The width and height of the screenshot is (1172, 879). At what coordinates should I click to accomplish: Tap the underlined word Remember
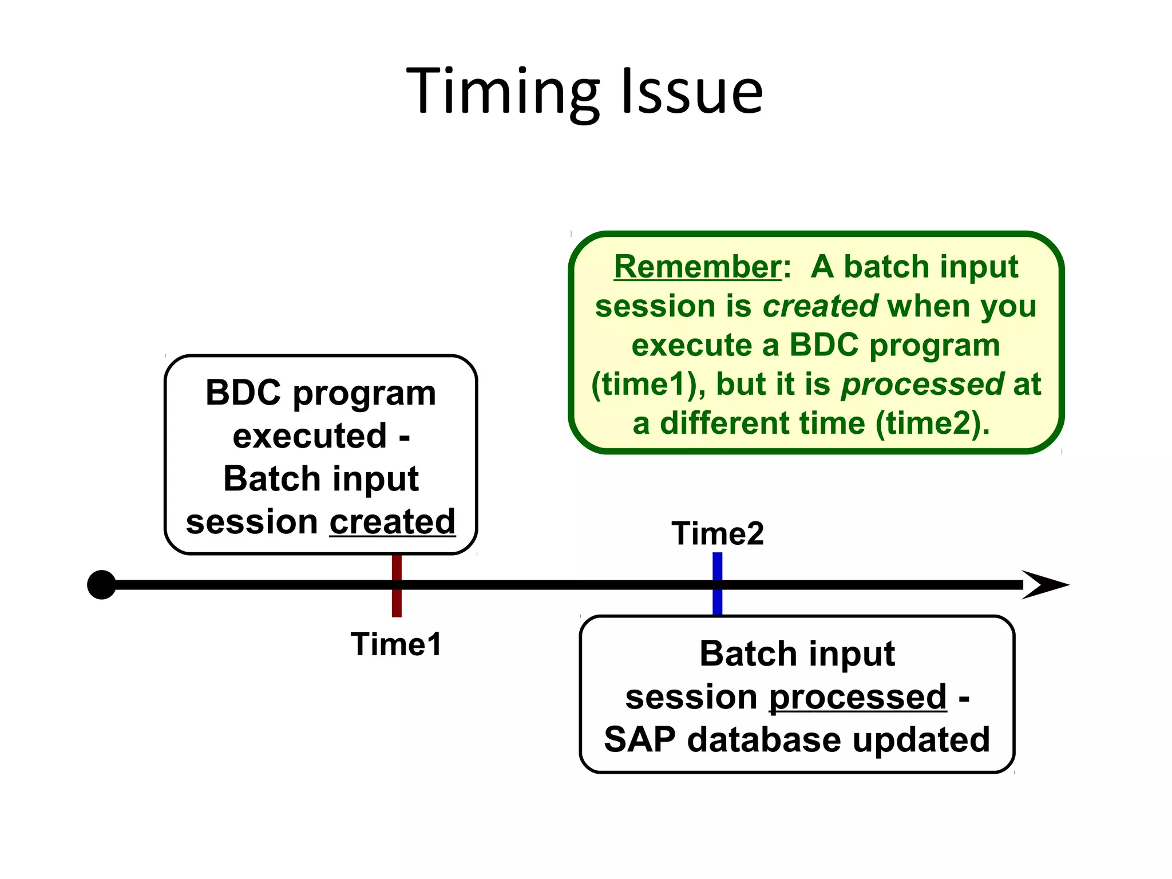point(697,267)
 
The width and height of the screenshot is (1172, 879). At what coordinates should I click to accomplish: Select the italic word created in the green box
point(820,306)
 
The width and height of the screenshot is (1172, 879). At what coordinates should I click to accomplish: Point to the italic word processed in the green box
point(922,383)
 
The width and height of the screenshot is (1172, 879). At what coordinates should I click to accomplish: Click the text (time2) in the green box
point(932,423)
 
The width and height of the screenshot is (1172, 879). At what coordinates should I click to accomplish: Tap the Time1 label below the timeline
point(396,644)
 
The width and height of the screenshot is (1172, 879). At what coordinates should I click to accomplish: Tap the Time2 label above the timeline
point(718,533)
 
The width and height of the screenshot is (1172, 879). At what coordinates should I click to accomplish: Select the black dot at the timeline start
point(102,585)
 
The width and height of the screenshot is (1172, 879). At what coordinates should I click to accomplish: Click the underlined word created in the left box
point(392,521)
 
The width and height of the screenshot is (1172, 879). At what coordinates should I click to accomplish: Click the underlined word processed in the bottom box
point(857,696)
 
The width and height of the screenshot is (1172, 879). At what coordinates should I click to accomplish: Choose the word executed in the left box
point(310,436)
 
